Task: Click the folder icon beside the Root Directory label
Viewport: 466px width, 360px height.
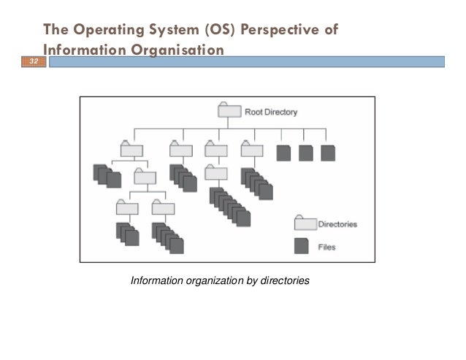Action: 229,111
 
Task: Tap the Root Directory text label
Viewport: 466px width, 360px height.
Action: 270,112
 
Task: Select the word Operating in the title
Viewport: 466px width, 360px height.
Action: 105,31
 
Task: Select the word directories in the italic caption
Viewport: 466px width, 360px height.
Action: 284,279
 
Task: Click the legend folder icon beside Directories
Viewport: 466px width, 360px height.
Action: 304,223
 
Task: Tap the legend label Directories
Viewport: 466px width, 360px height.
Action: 337,224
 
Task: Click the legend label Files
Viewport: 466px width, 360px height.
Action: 327,247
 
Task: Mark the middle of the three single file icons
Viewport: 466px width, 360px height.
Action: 305,153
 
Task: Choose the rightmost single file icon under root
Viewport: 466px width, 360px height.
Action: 327,153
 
